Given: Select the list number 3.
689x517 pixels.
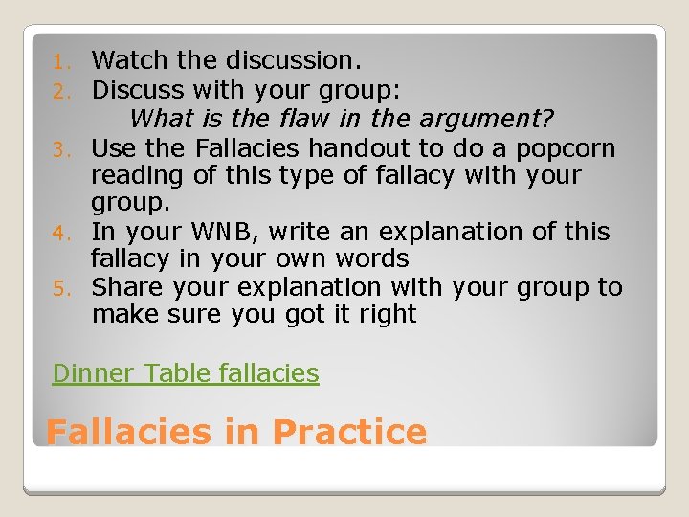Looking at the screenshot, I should (x=59, y=150).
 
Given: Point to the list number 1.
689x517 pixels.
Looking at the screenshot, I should (x=59, y=62).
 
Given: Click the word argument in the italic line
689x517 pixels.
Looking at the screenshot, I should (x=493, y=121).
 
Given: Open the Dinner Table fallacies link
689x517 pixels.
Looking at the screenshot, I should (x=186, y=372).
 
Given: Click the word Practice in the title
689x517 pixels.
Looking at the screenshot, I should (x=348, y=432).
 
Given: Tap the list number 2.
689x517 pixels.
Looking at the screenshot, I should (x=59, y=91).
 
